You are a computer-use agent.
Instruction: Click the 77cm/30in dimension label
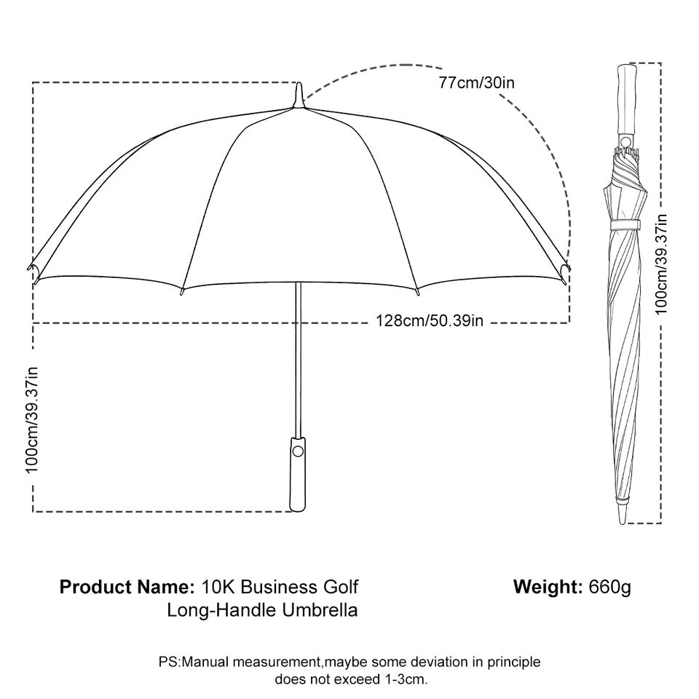[x=476, y=83]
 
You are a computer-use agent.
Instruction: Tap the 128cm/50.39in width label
[x=430, y=320]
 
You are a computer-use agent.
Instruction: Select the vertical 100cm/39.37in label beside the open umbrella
[x=32, y=419]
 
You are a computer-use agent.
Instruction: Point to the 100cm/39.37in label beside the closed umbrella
[x=661, y=264]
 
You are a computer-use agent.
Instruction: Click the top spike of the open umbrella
[x=299, y=95]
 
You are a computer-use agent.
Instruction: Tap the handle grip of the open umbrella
[x=298, y=474]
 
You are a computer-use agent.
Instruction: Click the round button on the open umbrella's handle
[x=298, y=451]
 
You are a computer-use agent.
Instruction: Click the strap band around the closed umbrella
[x=625, y=224]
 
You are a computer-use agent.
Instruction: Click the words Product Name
[x=127, y=587]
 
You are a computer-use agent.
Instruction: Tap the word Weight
[x=548, y=587]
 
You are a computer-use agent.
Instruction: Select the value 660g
[x=610, y=588]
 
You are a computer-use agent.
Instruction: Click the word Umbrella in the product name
[x=320, y=610]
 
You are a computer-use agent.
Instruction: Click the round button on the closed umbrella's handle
[x=626, y=142]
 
